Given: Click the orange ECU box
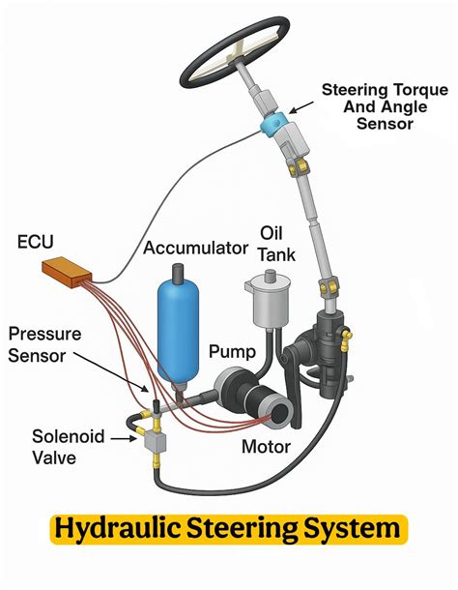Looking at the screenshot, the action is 67,272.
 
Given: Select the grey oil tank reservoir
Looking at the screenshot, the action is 268,300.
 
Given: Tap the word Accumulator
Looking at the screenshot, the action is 195,248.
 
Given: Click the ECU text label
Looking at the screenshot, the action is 36,242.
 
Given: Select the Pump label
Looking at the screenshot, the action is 233,352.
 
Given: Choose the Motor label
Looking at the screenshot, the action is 267,447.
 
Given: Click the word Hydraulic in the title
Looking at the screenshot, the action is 117,528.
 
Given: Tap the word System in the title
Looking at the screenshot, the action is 353,529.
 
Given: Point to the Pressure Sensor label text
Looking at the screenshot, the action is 44,344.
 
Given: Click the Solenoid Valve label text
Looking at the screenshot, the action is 68,447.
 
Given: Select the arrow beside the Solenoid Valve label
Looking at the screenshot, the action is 124,438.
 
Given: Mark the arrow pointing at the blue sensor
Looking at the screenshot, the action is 301,106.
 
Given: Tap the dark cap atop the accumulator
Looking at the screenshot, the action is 178,272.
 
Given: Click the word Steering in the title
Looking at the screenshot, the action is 243,528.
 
